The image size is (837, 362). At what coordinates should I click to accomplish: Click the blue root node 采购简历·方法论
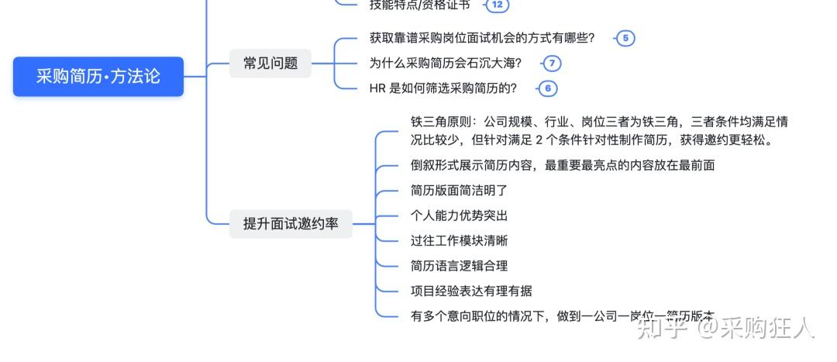98,76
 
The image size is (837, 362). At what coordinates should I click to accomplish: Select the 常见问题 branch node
270,64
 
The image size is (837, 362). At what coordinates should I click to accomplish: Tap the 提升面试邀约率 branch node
291,224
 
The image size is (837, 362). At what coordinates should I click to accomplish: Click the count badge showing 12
498,5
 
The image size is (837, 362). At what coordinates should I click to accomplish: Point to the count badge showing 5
625,38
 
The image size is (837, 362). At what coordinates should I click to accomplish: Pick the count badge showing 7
552,64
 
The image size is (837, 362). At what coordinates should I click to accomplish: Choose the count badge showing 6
547,88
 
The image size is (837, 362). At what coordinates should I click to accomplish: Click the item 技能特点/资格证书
419,5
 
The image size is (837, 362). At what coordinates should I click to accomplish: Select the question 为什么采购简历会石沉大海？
446,64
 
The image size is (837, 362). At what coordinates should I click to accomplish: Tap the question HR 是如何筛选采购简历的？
443,88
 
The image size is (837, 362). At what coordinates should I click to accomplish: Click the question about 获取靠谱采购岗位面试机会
482,38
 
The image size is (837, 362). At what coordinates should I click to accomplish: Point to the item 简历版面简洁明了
459,190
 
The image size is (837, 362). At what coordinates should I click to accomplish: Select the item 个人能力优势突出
459,215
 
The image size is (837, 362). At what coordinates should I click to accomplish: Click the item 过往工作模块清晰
459,240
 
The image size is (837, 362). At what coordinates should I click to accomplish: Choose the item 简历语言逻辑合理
459,266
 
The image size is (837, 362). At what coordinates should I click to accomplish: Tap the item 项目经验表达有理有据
471,291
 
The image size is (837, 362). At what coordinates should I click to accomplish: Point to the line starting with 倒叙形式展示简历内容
562,165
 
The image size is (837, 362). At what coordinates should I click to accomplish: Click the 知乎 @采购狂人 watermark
725,328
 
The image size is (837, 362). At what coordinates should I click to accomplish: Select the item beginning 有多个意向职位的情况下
562,315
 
